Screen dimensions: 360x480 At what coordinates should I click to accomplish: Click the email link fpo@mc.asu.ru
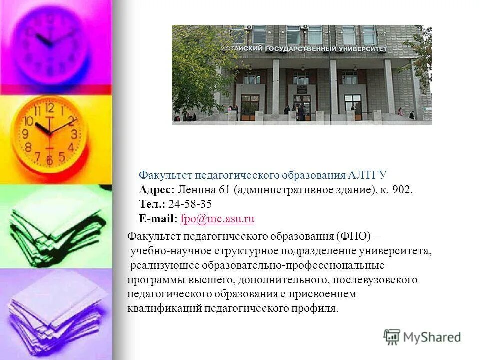point(218,218)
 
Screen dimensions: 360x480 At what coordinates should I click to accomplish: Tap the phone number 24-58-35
point(190,204)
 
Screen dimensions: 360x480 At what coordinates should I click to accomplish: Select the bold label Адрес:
point(157,190)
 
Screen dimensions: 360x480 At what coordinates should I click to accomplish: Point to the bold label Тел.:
point(152,204)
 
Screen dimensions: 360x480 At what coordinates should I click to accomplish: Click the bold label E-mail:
point(158,218)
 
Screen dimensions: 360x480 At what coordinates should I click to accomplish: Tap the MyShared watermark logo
point(422,337)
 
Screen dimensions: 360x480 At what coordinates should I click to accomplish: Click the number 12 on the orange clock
point(49,107)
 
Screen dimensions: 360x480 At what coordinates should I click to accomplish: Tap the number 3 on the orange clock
point(74,133)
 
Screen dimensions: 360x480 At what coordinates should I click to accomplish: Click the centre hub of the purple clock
point(49,42)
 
